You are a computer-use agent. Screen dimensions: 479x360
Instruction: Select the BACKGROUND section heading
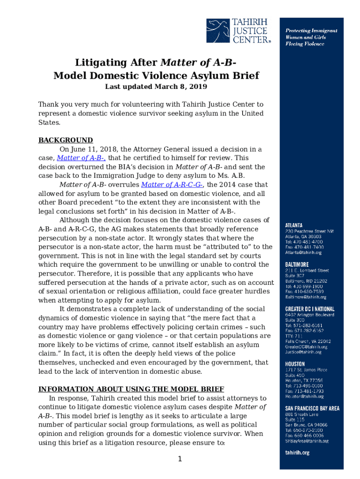[65, 140]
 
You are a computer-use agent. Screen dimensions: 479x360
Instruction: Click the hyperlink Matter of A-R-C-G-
[172, 185]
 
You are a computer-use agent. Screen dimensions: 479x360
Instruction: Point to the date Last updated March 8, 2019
[156, 87]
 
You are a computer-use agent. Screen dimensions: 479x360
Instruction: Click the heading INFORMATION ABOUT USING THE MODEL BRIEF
[131, 389]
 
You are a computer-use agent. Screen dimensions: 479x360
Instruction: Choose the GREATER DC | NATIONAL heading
[310, 309]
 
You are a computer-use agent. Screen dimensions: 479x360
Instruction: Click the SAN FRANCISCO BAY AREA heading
[312, 408]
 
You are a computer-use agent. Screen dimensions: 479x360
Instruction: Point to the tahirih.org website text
[297, 453]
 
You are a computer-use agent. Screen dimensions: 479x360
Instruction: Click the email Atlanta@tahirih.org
[303, 253]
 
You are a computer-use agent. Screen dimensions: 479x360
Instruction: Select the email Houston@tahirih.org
[304, 396]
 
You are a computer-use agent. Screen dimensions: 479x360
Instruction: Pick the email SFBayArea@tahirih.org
[307, 441]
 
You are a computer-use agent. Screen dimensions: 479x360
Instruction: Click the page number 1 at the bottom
[180, 459]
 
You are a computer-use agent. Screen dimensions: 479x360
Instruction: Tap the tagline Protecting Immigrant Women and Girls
[311, 34]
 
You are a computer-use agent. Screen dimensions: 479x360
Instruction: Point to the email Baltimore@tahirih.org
[306, 297]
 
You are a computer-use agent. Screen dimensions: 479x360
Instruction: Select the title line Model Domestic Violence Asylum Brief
[156, 76]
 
